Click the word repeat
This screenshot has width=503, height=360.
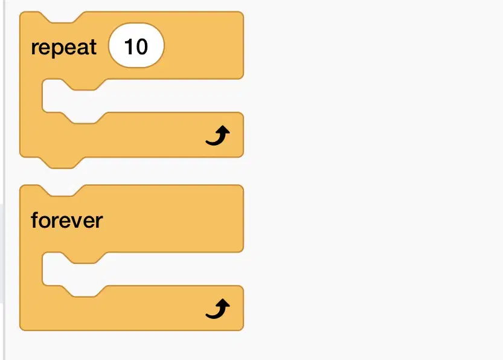pyautogui.click(x=63, y=48)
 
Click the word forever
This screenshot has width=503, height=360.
pyautogui.click(x=66, y=220)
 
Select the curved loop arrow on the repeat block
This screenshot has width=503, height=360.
pyautogui.click(x=217, y=136)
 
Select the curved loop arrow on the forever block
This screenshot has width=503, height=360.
pyautogui.click(x=217, y=309)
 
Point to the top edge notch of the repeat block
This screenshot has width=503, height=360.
pyautogui.click(x=62, y=18)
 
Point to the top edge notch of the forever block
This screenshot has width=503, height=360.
pyautogui.click(x=62, y=191)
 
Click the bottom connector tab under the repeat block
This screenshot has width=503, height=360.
pyautogui.click(x=62, y=162)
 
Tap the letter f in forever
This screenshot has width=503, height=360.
pyautogui.click(x=34, y=220)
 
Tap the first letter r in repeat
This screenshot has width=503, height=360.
pyautogui.click(x=34, y=50)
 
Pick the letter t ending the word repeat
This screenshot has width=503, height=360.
pyautogui.click(x=93, y=48)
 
